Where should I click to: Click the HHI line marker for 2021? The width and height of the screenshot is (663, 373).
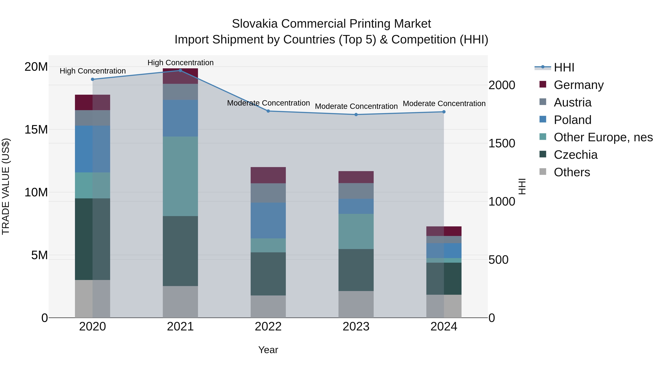click(180, 71)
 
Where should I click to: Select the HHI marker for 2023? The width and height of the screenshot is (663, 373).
click(356, 115)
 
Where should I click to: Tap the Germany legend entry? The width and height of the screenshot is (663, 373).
click(578, 85)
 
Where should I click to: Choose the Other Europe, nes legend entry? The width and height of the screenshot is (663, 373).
click(603, 137)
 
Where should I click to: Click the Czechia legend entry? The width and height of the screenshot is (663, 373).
click(576, 155)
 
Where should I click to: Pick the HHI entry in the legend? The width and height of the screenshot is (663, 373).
click(564, 67)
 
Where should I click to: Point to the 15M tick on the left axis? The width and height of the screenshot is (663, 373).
click(36, 129)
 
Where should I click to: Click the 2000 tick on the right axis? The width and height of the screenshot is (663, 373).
click(502, 85)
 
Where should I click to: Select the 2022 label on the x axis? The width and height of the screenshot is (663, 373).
click(268, 327)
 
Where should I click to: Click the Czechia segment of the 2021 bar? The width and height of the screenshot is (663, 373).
click(180, 251)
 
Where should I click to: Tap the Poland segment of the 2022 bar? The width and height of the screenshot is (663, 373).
click(268, 220)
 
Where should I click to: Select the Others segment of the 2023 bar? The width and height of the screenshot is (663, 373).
click(356, 304)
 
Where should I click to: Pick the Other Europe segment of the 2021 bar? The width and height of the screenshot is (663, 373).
click(180, 176)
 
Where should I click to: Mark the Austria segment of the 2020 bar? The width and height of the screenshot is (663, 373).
click(92, 118)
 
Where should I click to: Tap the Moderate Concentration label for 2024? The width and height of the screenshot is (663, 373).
click(444, 104)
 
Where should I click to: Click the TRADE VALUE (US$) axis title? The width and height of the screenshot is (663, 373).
click(6, 186)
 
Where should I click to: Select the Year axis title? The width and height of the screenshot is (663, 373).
click(268, 350)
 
